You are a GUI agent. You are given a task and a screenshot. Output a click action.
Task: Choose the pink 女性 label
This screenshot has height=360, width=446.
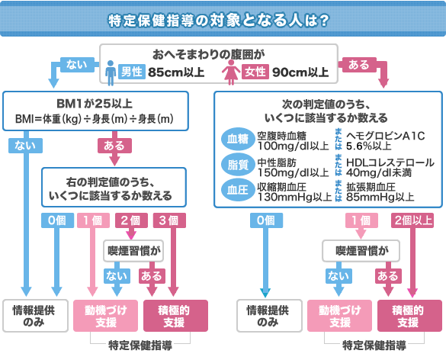(255, 72)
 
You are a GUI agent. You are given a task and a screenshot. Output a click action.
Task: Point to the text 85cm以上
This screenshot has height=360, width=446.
(177, 72)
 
